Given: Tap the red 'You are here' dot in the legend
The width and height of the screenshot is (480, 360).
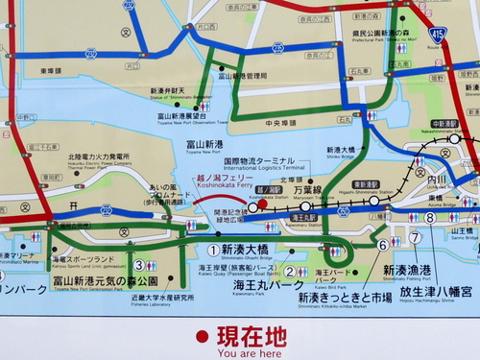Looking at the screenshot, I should (202, 336).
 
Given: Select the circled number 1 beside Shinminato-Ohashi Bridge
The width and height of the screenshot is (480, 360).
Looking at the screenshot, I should (214, 250).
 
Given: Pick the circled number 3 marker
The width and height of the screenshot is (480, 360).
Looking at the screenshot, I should (139, 265).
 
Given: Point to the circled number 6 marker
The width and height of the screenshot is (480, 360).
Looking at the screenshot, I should (382, 245).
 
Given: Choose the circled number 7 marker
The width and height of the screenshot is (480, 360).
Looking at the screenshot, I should (415, 238).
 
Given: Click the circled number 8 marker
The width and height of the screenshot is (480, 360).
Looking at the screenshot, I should (428, 218).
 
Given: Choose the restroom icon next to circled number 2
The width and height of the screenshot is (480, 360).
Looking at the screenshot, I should (302, 272).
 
